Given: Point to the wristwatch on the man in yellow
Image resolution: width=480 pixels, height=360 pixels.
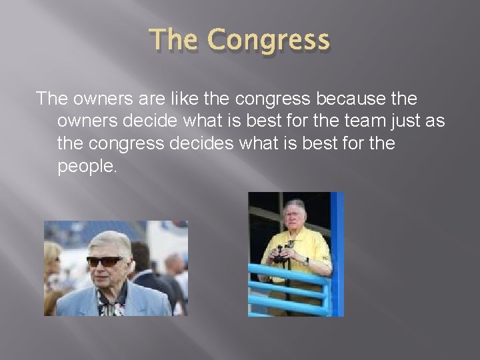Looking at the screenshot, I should (304, 260).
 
